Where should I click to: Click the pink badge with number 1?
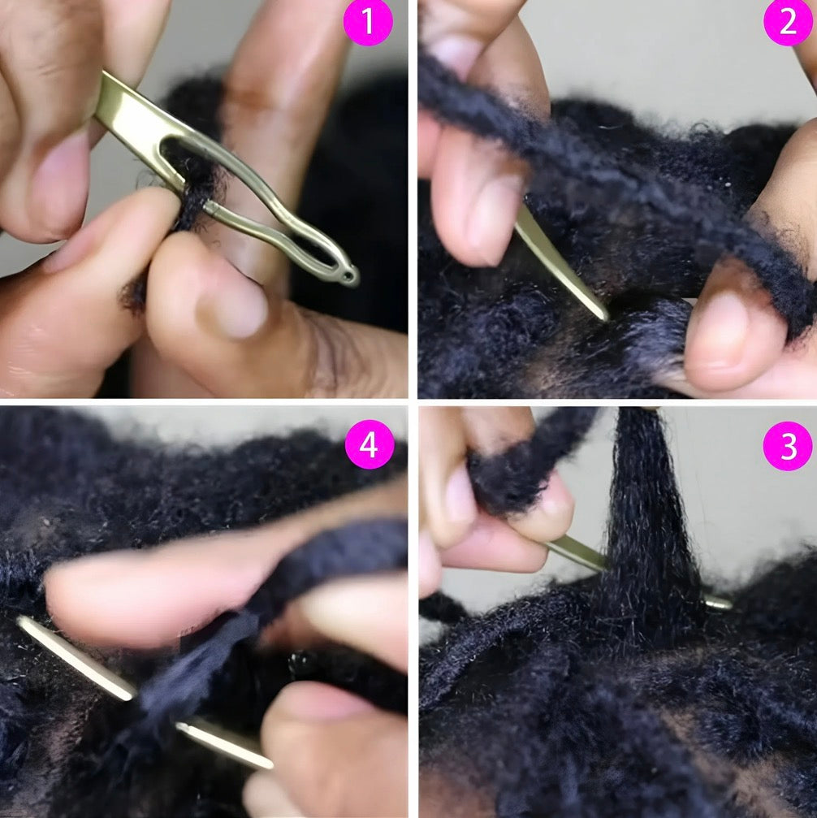367,22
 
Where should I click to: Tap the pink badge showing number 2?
788,22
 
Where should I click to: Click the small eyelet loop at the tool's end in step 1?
349,277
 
